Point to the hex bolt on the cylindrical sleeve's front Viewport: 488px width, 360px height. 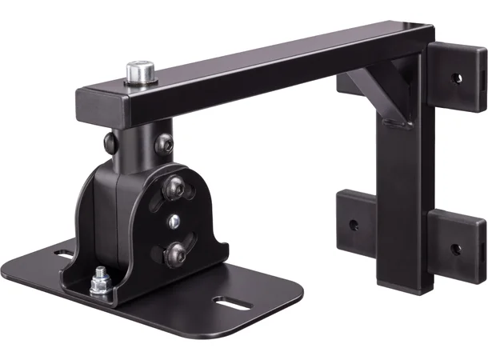tap(165, 144)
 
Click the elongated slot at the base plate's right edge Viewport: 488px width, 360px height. tap(227, 303)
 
